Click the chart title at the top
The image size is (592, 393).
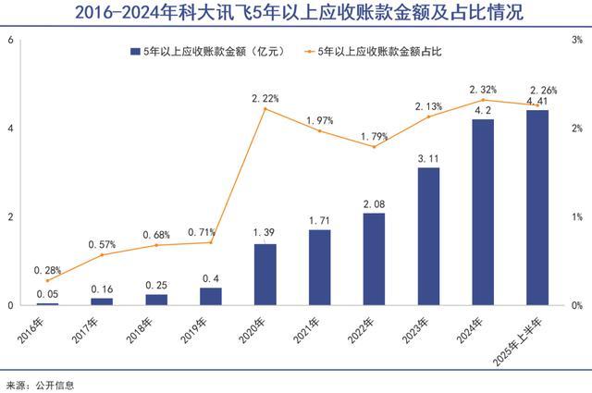[x=296, y=14]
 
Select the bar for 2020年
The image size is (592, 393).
[x=265, y=275]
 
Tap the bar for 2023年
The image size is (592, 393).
[x=428, y=236]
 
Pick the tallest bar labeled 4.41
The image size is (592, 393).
[x=536, y=208]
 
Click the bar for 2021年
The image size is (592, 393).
[x=319, y=267]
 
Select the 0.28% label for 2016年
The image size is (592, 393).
[x=47, y=270]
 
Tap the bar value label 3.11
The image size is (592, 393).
[x=428, y=159]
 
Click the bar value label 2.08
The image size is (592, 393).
[x=374, y=204]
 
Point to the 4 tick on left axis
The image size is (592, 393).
[x=10, y=129]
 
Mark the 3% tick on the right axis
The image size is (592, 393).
[x=576, y=41]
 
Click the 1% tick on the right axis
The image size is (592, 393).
[x=576, y=217]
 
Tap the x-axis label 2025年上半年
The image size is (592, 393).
[x=524, y=336]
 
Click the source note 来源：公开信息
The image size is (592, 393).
[x=40, y=384]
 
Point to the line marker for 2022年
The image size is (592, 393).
[x=374, y=147]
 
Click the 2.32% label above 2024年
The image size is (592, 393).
[x=483, y=89]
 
